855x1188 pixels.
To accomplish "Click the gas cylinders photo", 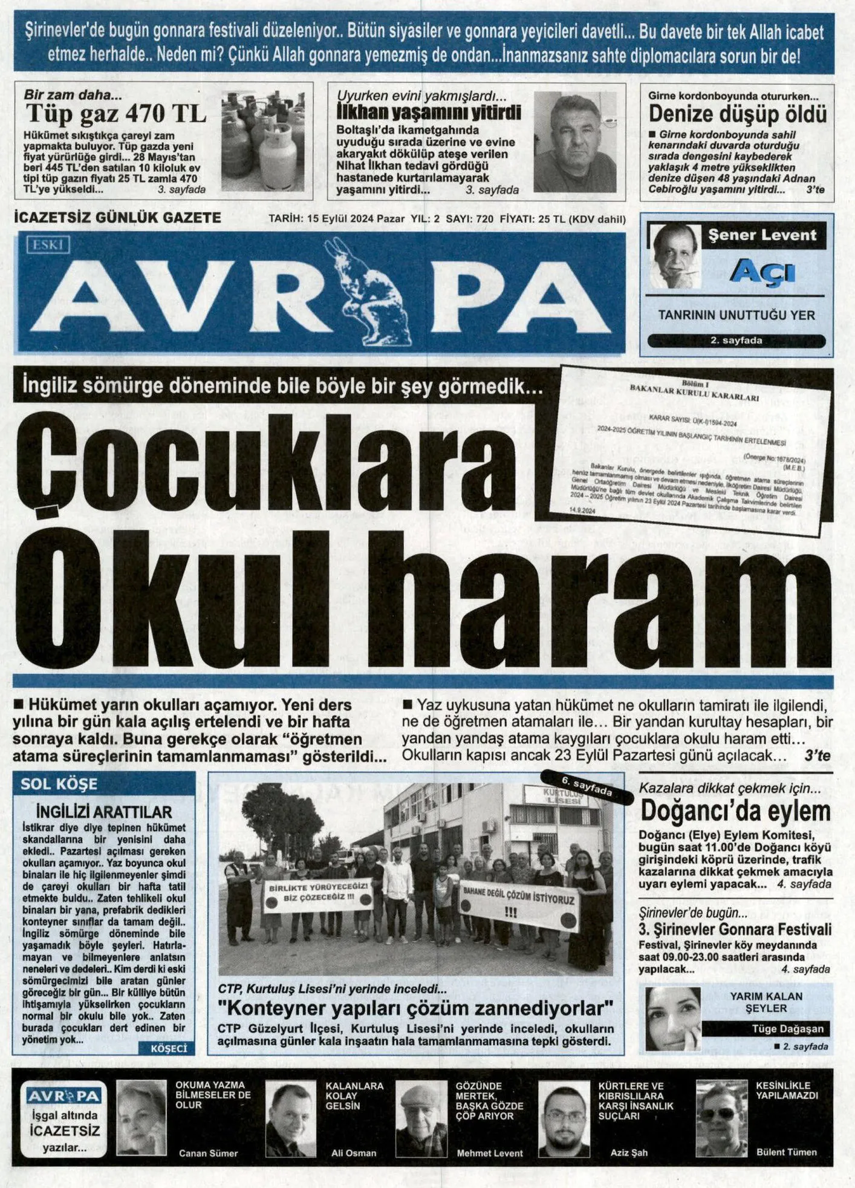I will (262, 141).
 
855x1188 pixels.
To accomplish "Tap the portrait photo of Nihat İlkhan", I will (574, 143).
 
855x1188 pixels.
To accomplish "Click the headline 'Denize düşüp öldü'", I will (737, 114).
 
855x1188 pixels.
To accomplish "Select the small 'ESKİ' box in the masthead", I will (48, 244).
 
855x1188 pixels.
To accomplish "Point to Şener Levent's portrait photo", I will (674, 256).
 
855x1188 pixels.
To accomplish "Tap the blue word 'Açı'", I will (762, 272).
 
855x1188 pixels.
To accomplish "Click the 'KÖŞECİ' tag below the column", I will (168, 1048).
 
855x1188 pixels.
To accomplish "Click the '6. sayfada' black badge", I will (587, 786).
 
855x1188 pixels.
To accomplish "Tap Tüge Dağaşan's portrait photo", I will (672, 1018).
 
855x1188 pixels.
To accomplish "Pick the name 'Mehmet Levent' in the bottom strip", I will (489, 1153).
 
